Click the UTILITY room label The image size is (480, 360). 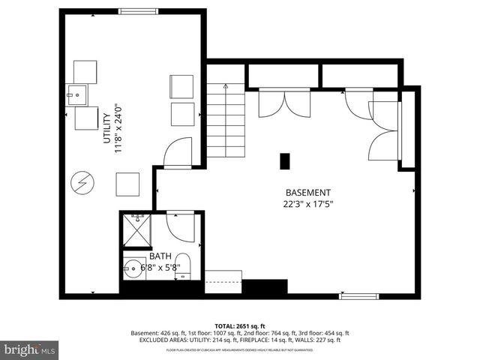coord(107,128)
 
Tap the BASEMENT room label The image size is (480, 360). coord(307,193)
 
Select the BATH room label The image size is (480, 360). coord(161,255)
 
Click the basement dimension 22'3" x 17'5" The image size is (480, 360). coord(307,203)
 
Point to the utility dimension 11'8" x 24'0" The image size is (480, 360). coord(118,128)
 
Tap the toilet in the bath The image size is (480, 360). coord(184,269)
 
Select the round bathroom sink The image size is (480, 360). coord(134,268)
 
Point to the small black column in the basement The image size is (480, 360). coord(284,161)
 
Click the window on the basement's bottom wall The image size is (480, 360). coord(356,296)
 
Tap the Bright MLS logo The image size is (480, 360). coord(30,349)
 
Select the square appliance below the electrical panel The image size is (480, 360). coord(127,184)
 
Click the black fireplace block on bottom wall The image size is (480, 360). coord(265,286)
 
